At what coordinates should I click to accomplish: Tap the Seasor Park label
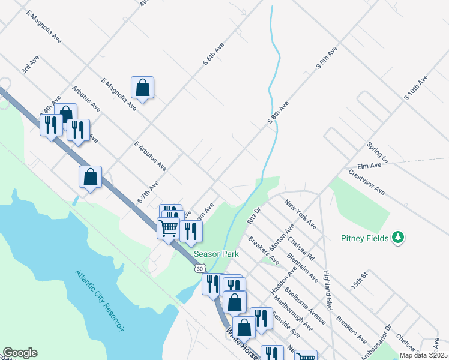(x=215, y=254)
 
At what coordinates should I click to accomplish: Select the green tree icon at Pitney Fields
(x=397, y=238)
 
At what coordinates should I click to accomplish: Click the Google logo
(x=20, y=353)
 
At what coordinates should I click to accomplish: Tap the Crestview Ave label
(x=366, y=181)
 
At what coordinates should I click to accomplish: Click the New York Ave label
(x=301, y=214)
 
